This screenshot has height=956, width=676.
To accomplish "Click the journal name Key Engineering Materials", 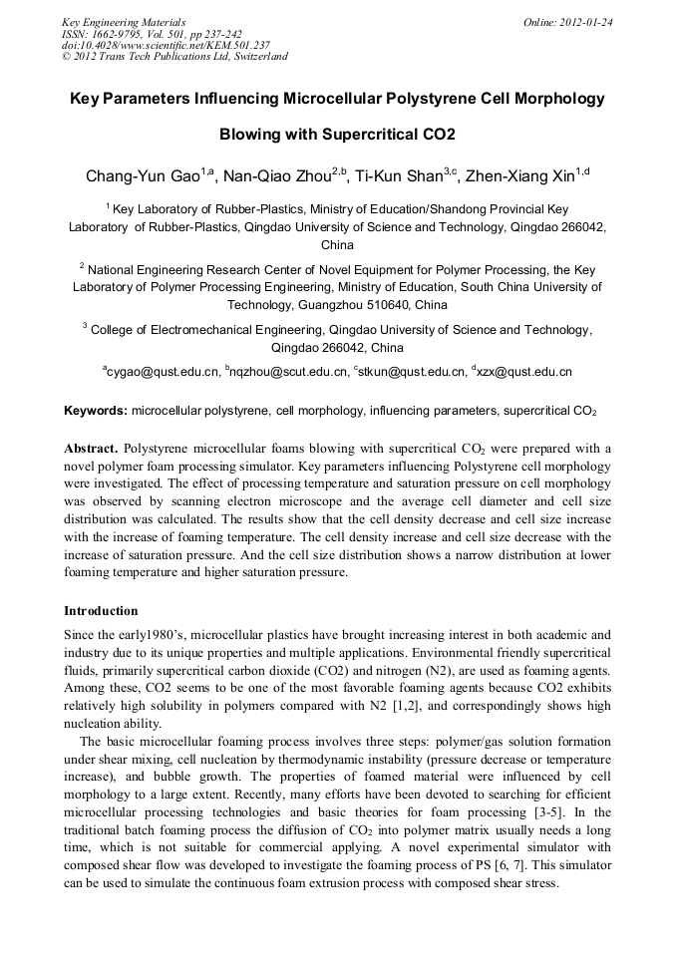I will coord(124,21).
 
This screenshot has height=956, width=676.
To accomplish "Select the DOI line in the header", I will coord(166,45).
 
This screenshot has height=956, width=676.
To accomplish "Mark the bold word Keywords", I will coord(96,411).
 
